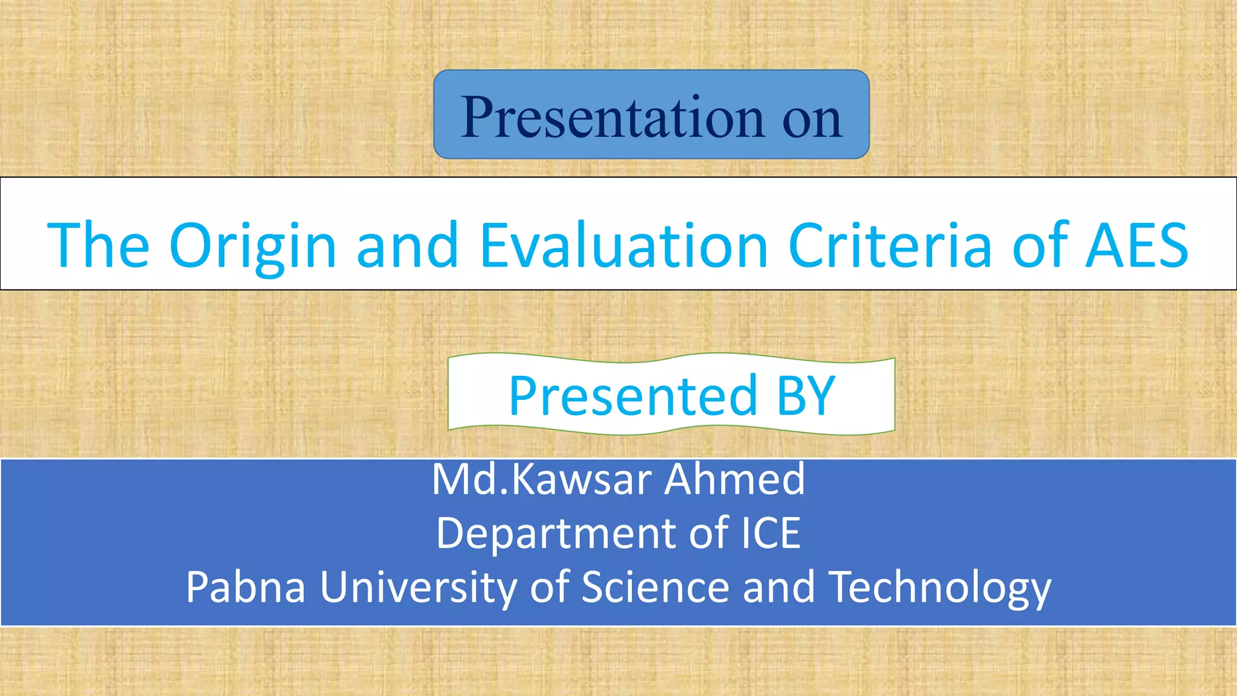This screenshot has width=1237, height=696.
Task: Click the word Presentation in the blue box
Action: coord(614,117)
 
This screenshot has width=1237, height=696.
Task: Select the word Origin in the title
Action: coord(252,246)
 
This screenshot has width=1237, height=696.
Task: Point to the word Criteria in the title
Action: coord(890,245)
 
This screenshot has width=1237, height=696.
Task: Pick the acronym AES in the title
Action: coord(1136,245)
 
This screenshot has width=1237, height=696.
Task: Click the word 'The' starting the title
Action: coord(98,245)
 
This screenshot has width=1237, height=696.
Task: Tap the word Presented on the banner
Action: coord(633,396)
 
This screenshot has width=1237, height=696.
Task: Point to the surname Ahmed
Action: coord(734,480)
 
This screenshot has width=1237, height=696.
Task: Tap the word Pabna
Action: coord(245,587)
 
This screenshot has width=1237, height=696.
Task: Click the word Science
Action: coord(655,587)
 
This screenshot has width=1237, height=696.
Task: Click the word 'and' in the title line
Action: coord(408,245)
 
